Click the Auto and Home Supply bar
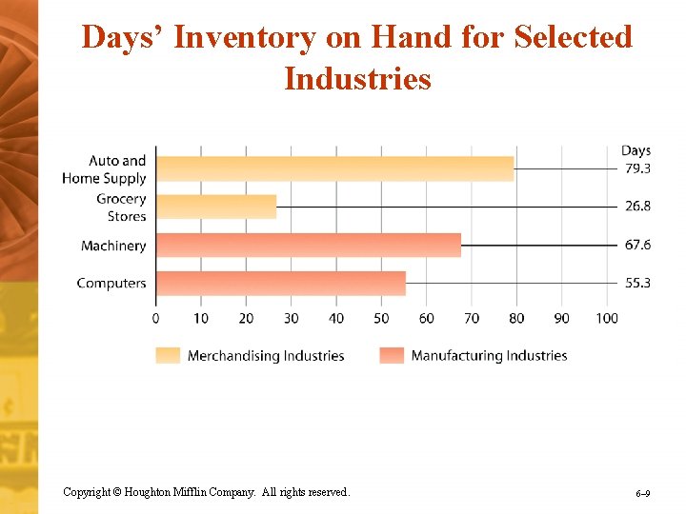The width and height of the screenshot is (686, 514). pyautogui.click(x=334, y=168)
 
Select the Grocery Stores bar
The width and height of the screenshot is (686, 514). pyautogui.click(x=216, y=207)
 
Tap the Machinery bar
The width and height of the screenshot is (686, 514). pyautogui.click(x=308, y=245)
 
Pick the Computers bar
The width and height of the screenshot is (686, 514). pyautogui.click(x=280, y=283)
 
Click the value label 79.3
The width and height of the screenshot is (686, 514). pyautogui.click(x=636, y=168)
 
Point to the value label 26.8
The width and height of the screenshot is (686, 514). pyautogui.click(x=636, y=207)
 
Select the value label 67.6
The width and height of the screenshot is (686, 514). pyautogui.click(x=636, y=245)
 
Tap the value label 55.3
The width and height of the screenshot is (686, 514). pyautogui.click(x=636, y=283)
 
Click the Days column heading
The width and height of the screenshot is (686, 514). pyautogui.click(x=636, y=150)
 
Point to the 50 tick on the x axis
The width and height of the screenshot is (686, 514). pyautogui.click(x=381, y=318)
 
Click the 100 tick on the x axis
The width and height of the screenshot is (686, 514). pyautogui.click(x=606, y=318)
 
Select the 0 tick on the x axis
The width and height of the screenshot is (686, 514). pyautogui.click(x=156, y=318)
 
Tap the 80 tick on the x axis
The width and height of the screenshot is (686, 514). pyautogui.click(x=516, y=318)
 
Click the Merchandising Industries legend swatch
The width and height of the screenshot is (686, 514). pyautogui.click(x=168, y=355)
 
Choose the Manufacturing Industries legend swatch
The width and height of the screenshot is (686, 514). pyautogui.click(x=392, y=355)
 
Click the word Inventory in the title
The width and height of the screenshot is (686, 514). pyautogui.click(x=244, y=37)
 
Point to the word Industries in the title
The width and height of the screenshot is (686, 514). pyautogui.click(x=357, y=78)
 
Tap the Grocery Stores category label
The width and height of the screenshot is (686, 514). pyautogui.click(x=121, y=208)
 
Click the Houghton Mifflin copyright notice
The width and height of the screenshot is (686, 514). pyautogui.click(x=206, y=492)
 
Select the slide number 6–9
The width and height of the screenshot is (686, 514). pyautogui.click(x=642, y=494)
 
